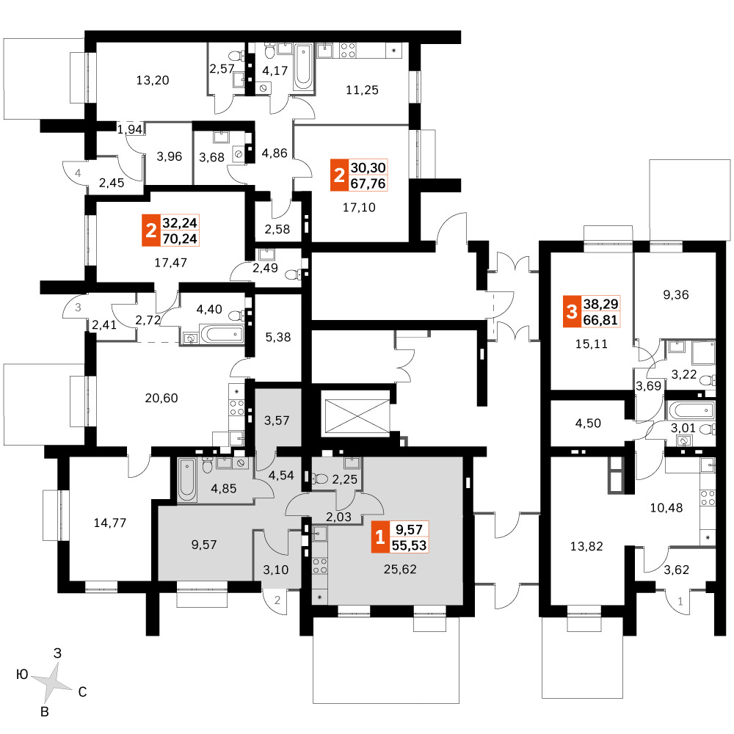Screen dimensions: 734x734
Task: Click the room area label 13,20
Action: click(x=153, y=81)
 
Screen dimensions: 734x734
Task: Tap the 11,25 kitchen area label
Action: click(x=362, y=90)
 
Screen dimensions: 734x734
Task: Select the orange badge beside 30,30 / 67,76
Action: click(x=339, y=175)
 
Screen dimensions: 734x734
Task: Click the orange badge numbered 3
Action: click(x=571, y=311)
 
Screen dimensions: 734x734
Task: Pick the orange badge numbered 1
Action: click(x=379, y=537)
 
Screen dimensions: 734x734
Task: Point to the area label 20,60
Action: click(x=161, y=399)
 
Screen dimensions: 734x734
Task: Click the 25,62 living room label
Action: click(x=400, y=570)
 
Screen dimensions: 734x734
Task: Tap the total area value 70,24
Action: click(x=180, y=239)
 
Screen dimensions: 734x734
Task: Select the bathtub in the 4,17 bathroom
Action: click(x=303, y=67)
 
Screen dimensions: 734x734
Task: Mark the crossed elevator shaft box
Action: click(x=357, y=417)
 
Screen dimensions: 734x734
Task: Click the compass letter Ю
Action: click(x=22, y=675)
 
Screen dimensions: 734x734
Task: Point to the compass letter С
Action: click(x=82, y=692)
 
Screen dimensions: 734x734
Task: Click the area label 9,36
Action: click(x=676, y=295)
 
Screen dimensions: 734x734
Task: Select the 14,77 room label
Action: click(x=110, y=523)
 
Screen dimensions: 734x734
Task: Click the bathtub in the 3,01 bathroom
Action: click(x=691, y=410)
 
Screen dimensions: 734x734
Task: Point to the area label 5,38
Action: click(x=278, y=337)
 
